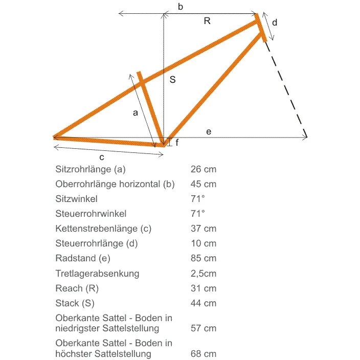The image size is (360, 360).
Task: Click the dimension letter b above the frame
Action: (181, 7)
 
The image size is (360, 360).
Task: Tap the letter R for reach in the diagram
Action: (207, 21)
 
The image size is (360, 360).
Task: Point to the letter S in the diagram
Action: (173, 80)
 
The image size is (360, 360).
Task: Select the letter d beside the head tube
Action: (275, 22)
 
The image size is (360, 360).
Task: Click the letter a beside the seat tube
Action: (135, 113)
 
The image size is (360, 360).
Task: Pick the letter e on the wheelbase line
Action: (209, 132)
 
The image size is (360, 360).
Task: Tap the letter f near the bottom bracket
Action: (177, 143)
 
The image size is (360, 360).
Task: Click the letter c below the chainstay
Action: (102, 157)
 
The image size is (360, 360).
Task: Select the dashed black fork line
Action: (286, 89)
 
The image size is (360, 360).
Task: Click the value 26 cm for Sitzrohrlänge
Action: (203, 169)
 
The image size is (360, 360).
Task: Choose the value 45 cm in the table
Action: (203, 184)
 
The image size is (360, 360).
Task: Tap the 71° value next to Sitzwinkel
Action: (197, 198)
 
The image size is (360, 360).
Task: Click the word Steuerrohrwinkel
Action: (91, 213)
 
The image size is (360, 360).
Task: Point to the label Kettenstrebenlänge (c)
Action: (103, 229)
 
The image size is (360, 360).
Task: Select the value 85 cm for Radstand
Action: (203, 258)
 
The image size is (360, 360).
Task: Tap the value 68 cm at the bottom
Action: (203, 353)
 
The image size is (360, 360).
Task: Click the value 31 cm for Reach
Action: (203, 288)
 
